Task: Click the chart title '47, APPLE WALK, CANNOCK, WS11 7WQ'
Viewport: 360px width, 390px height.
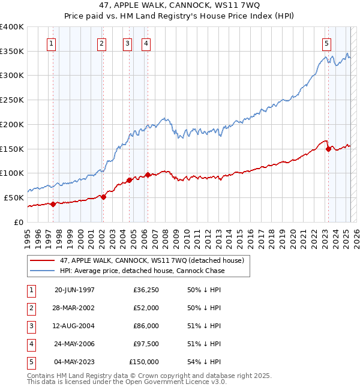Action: coord(179,7)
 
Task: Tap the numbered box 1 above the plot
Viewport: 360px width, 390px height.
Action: coord(52,43)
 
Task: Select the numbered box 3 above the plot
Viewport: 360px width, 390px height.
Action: coord(128,43)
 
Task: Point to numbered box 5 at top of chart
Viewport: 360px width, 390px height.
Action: coord(326,43)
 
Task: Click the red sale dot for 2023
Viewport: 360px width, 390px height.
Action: coord(328,149)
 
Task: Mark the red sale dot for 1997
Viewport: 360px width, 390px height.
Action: coord(53,204)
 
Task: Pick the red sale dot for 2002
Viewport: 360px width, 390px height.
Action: coord(104,196)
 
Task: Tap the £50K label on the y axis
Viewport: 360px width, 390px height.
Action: coord(14,197)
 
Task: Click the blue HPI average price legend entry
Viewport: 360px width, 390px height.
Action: coord(142,271)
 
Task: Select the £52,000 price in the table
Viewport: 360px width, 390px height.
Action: coord(147,308)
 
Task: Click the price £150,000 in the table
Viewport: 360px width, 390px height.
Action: coord(145,362)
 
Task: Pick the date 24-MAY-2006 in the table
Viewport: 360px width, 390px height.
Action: coord(74,344)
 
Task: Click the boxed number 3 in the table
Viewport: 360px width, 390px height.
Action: coord(30,326)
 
